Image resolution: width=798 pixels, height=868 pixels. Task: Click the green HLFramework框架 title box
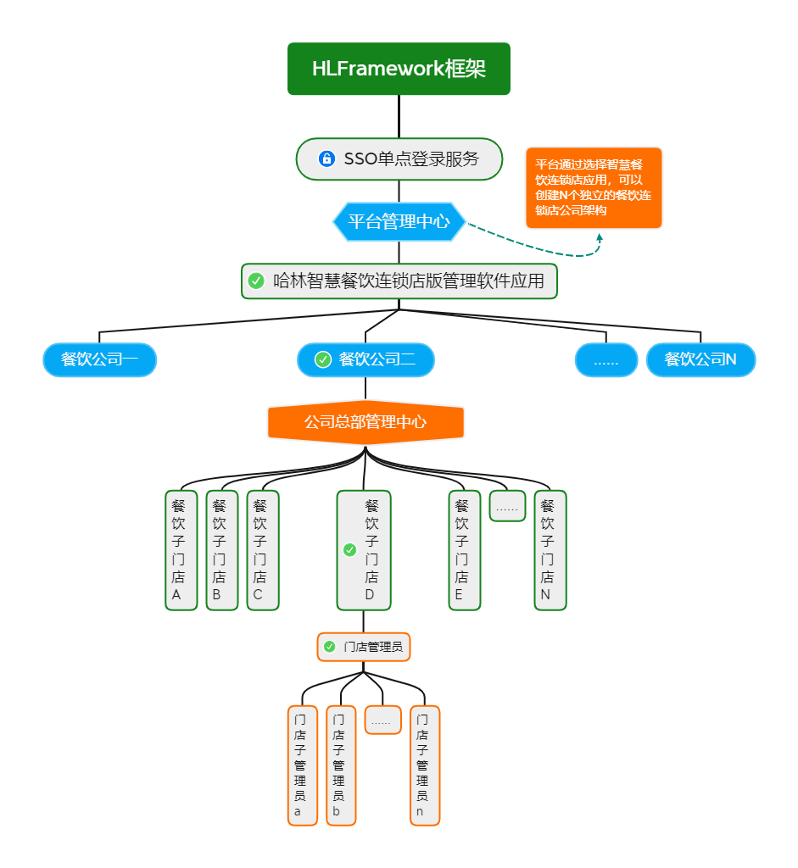[x=399, y=69]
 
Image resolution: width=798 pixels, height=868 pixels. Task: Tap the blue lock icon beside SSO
[x=326, y=159]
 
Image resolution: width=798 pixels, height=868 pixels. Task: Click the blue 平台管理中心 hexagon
[x=399, y=222]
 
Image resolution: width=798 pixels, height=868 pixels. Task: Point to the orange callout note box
[x=594, y=187]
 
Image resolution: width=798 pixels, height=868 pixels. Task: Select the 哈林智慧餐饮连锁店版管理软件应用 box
[x=399, y=281]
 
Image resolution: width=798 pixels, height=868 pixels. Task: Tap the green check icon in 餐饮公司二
[x=323, y=360]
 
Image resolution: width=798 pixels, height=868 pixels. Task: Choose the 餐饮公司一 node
[x=100, y=360]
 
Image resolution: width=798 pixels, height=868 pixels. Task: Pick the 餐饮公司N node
[x=700, y=360]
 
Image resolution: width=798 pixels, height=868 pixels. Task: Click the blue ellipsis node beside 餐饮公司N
[x=605, y=360]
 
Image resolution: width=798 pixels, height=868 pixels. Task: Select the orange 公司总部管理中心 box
[x=366, y=422]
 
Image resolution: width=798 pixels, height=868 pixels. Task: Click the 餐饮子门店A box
[x=181, y=550]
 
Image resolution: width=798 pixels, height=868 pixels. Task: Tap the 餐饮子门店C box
[x=262, y=550]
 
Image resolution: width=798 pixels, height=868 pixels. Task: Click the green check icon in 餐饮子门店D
[x=349, y=550]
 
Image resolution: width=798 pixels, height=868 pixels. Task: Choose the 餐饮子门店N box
[x=550, y=550]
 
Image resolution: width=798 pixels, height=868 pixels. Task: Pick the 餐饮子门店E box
[x=464, y=550]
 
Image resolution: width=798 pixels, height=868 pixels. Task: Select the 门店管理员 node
[x=364, y=647]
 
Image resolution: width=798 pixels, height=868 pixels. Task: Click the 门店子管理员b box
[x=340, y=765]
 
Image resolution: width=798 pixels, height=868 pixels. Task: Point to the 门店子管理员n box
[x=425, y=765]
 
